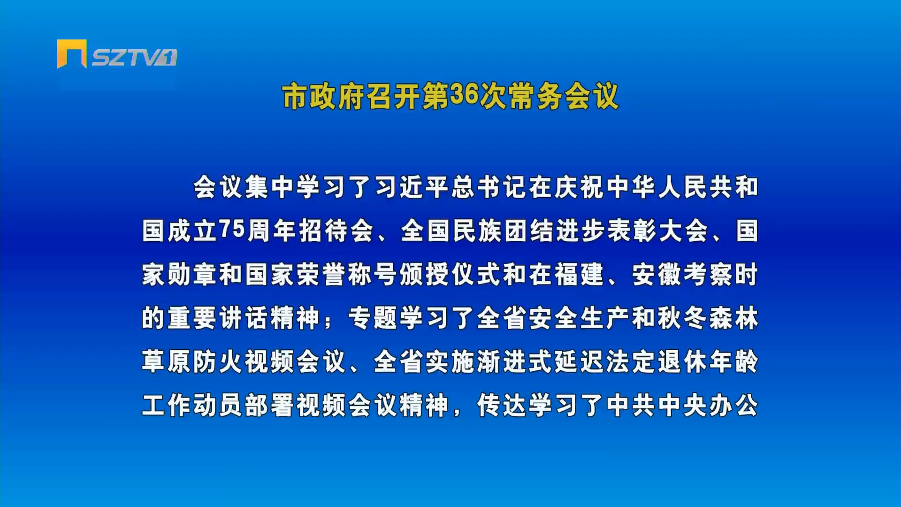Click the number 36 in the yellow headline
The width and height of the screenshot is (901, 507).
pyautogui.click(x=464, y=95)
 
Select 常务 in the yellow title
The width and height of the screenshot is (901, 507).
pyautogui.click(x=535, y=97)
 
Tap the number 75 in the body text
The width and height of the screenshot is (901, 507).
pyautogui.click(x=232, y=229)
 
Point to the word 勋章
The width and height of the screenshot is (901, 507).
pyautogui.click(x=192, y=275)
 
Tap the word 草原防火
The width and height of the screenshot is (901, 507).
pyautogui.click(x=192, y=362)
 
